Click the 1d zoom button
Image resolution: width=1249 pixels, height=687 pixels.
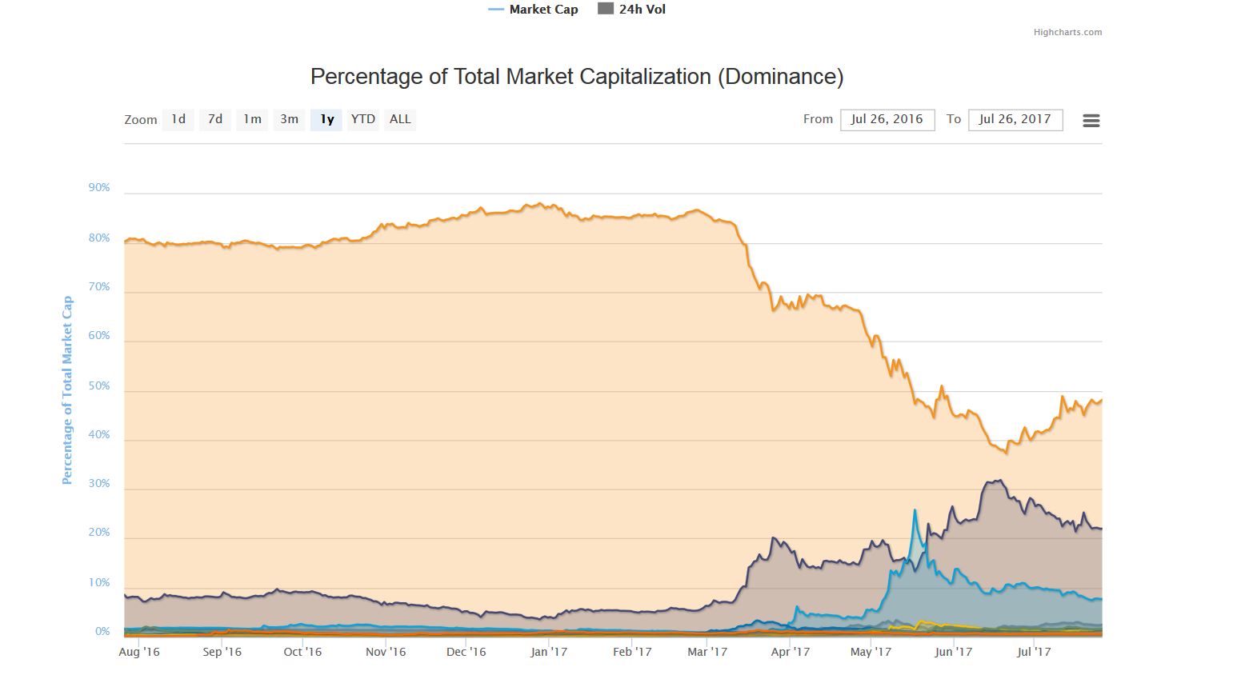click(178, 119)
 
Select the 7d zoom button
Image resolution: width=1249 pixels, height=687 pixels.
click(215, 119)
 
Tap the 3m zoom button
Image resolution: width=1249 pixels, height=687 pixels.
click(289, 119)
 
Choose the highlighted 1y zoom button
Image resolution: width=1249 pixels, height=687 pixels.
click(326, 119)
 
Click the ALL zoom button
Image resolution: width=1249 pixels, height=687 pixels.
click(400, 119)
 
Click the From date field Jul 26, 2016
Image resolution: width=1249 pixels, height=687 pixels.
click(887, 119)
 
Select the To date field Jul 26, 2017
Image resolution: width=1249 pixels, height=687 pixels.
click(1015, 119)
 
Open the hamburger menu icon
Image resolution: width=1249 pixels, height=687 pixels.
click(1091, 121)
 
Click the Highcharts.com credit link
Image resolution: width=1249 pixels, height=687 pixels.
click(1067, 33)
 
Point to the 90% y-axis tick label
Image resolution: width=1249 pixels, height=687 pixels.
click(99, 188)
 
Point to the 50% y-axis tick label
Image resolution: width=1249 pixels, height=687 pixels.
click(99, 386)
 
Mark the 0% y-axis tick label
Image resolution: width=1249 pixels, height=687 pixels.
click(102, 632)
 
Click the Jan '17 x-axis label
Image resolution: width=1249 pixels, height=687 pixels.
click(549, 652)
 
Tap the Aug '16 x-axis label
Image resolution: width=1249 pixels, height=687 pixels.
click(139, 652)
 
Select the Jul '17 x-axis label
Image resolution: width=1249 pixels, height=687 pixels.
click(1034, 652)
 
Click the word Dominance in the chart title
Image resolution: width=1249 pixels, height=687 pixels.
click(779, 77)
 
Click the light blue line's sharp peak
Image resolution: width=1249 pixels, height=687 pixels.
click(915, 510)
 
